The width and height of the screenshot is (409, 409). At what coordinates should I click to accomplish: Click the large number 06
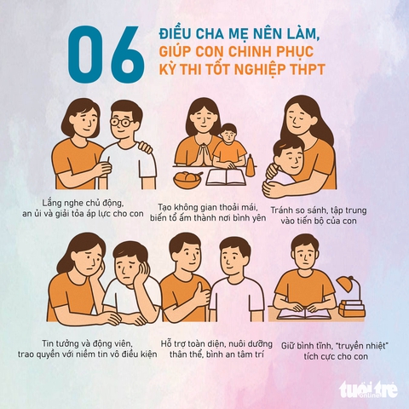[x=107, y=55]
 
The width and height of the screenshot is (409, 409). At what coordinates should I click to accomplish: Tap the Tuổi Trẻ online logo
[x=369, y=389]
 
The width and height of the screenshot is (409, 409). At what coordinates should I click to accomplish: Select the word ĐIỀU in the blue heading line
[x=174, y=34]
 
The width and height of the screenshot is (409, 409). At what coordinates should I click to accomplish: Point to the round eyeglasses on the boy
[x=122, y=123]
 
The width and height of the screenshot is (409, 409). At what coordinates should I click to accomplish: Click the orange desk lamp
[x=349, y=287]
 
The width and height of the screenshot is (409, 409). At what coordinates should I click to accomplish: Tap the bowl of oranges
[x=187, y=178]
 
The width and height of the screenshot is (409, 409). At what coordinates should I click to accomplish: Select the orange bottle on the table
[x=250, y=165]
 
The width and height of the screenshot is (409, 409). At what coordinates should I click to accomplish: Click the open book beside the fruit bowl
[x=225, y=177]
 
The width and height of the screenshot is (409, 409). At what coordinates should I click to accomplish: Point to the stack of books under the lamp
[x=352, y=308]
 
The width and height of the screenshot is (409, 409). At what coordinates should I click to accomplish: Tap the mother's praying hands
[x=205, y=155]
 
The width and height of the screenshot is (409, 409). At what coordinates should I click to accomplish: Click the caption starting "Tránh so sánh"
[x=319, y=216]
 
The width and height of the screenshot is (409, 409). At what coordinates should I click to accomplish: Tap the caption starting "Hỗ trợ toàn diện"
[x=216, y=349]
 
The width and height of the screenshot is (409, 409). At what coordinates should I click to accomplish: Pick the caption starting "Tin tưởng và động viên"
[x=87, y=349]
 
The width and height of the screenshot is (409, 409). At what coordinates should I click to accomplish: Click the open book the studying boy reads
[x=304, y=314]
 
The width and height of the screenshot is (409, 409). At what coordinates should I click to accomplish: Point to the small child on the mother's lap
[x=229, y=147]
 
